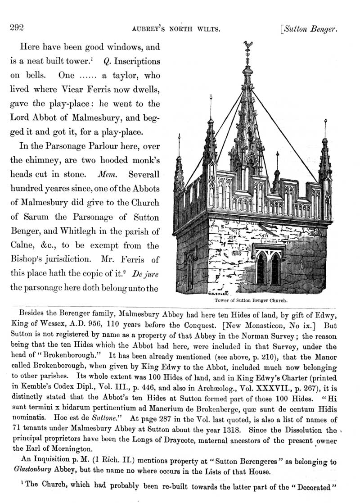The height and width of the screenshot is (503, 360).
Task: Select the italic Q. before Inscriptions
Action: click(x=107, y=61)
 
